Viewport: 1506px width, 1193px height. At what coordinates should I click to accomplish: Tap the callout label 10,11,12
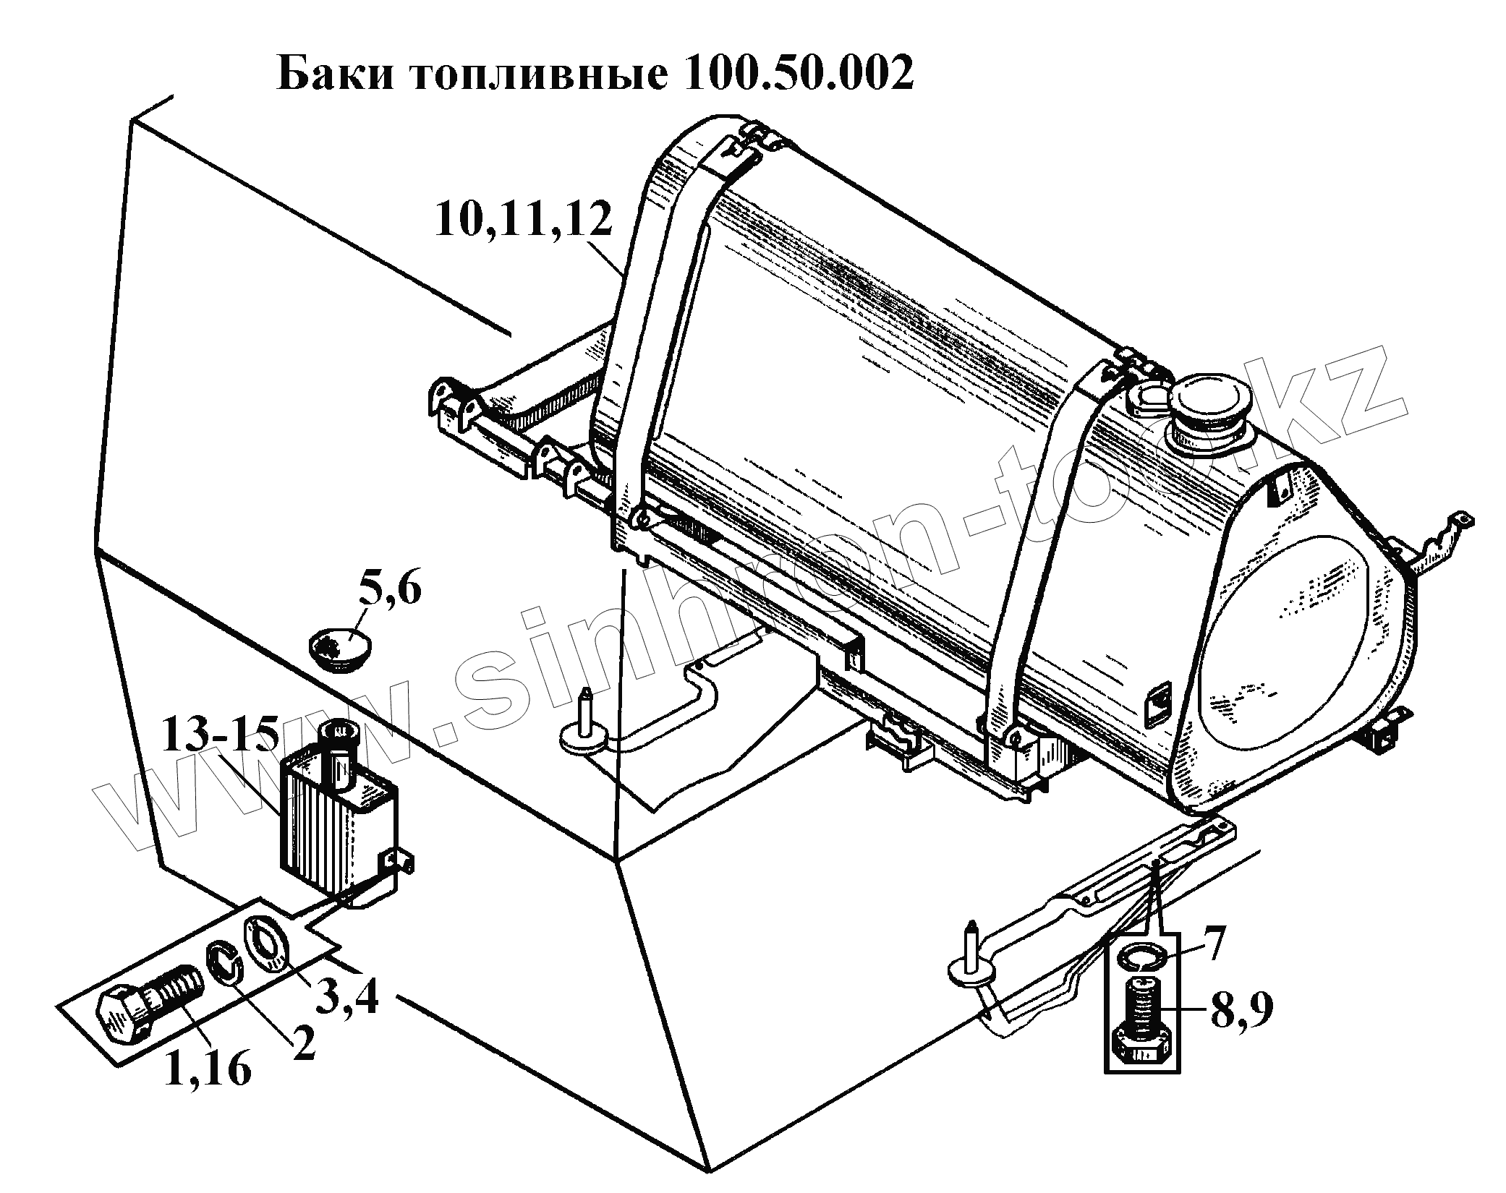click(524, 221)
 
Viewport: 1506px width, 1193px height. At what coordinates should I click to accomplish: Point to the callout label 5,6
click(388, 592)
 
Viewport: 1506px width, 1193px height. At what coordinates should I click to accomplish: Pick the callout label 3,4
click(346, 995)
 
